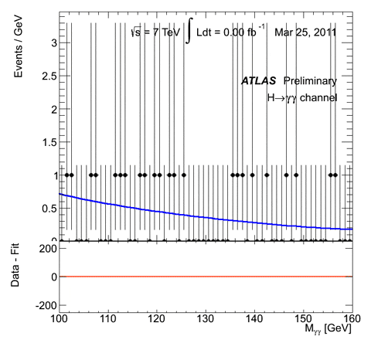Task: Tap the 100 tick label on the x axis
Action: click(x=59, y=318)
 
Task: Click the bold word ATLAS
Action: click(x=260, y=80)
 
